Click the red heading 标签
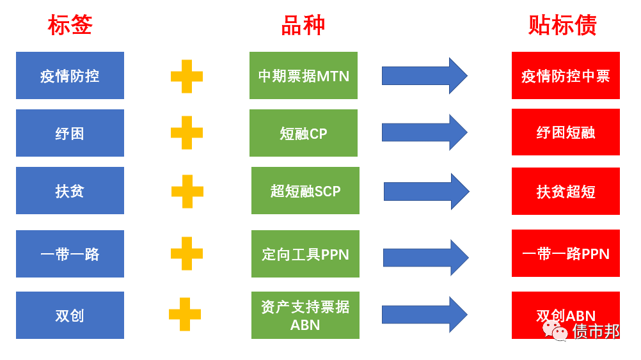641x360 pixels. pyautogui.click(x=70, y=26)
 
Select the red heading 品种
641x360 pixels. pyautogui.click(x=303, y=26)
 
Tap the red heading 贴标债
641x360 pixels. pyautogui.click(x=563, y=26)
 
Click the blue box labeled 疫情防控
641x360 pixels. pyautogui.click(x=70, y=75)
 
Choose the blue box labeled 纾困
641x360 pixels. pyautogui.click(x=70, y=133)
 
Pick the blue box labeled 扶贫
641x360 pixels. pyautogui.click(x=70, y=191)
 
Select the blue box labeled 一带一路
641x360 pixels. pyautogui.click(x=70, y=254)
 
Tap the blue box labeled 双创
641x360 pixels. pyautogui.click(x=70, y=315)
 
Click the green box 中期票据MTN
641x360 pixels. pyautogui.click(x=303, y=75)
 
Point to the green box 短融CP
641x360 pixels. pyautogui.click(x=303, y=133)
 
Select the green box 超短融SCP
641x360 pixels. pyautogui.click(x=305, y=191)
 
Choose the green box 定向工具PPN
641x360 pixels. pyautogui.click(x=305, y=254)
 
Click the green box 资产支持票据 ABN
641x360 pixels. pyautogui.click(x=305, y=315)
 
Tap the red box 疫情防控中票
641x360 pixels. pyautogui.click(x=566, y=75)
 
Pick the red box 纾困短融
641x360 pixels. pyautogui.click(x=566, y=132)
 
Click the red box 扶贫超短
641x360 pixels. pyautogui.click(x=566, y=191)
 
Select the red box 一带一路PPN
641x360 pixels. pyautogui.click(x=566, y=253)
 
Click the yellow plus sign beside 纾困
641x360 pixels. pyautogui.click(x=187, y=133)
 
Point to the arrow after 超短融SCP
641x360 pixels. pyautogui.click(x=426, y=191)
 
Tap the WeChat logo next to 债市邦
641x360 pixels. pyautogui.click(x=555, y=330)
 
